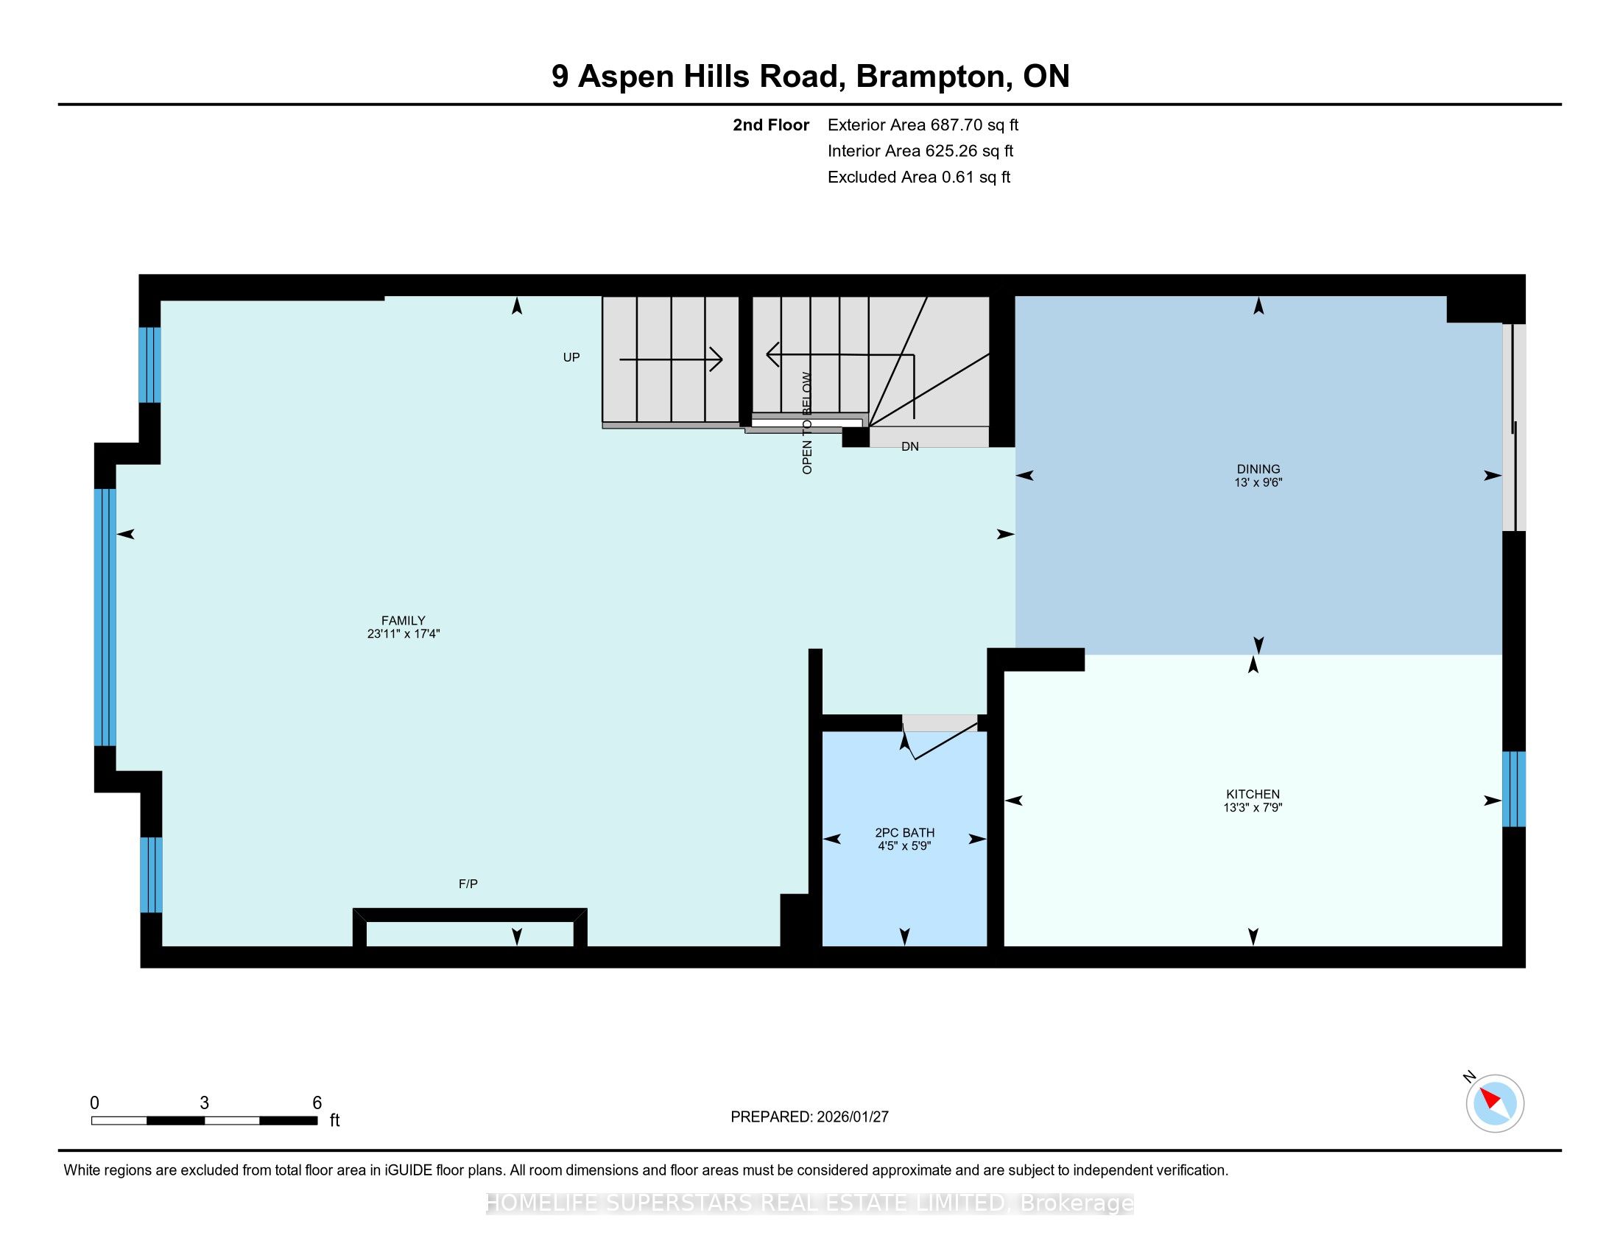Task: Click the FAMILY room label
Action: click(404, 621)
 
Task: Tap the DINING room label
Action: click(1258, 468)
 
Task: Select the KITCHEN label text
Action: click(1253, 794)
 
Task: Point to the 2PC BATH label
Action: click(904, 833)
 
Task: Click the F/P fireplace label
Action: click(468, 883)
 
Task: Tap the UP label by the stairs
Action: click(571, 357)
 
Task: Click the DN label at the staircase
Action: click(910, 446)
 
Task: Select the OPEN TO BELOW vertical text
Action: click(807, 423)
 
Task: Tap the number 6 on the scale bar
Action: click(317, 1103)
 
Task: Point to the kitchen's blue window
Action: click(1514, 789)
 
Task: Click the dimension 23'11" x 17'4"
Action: click(404, 634)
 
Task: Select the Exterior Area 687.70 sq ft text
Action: click(923, 125)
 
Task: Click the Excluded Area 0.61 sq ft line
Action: click(919, 177)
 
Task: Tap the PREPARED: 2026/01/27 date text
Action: click(809, 1117)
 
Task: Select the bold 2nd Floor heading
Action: click(771, 125)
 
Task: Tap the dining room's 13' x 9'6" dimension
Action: click(1258, 482)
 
